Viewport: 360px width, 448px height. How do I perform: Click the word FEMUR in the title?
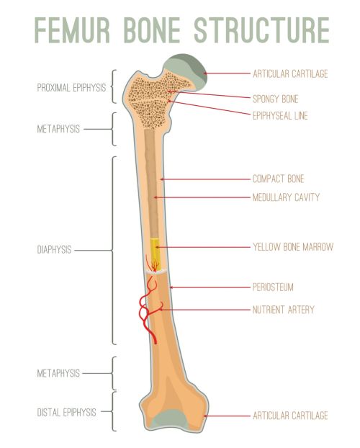coord(72,30)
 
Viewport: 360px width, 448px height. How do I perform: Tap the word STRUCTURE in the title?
coord(261,30)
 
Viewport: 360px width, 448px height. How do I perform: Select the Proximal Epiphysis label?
coord(71,87)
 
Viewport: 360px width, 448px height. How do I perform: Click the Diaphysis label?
coord(54,250)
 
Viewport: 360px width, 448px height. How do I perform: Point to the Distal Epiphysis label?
coord(66,412)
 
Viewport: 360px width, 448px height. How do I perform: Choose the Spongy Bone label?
coord(276,99)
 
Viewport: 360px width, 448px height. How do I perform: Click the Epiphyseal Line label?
coord(280,116)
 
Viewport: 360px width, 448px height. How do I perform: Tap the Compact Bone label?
coord(279,179)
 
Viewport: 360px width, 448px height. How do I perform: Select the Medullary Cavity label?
coord(286,197)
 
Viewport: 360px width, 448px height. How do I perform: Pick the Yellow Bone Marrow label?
coord(293,247)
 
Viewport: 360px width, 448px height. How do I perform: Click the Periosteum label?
coord(273,287)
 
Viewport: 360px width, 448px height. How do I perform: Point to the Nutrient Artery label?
coord(284,310)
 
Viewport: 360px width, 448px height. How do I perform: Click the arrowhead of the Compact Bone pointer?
coord(162,179)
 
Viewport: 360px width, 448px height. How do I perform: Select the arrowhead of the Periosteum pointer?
coord(171,287)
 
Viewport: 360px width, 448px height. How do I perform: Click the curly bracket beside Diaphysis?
coord(114,250)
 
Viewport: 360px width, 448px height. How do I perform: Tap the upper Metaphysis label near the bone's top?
coord(58,129)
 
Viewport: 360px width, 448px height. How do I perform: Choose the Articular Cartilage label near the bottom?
coord(290,416)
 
